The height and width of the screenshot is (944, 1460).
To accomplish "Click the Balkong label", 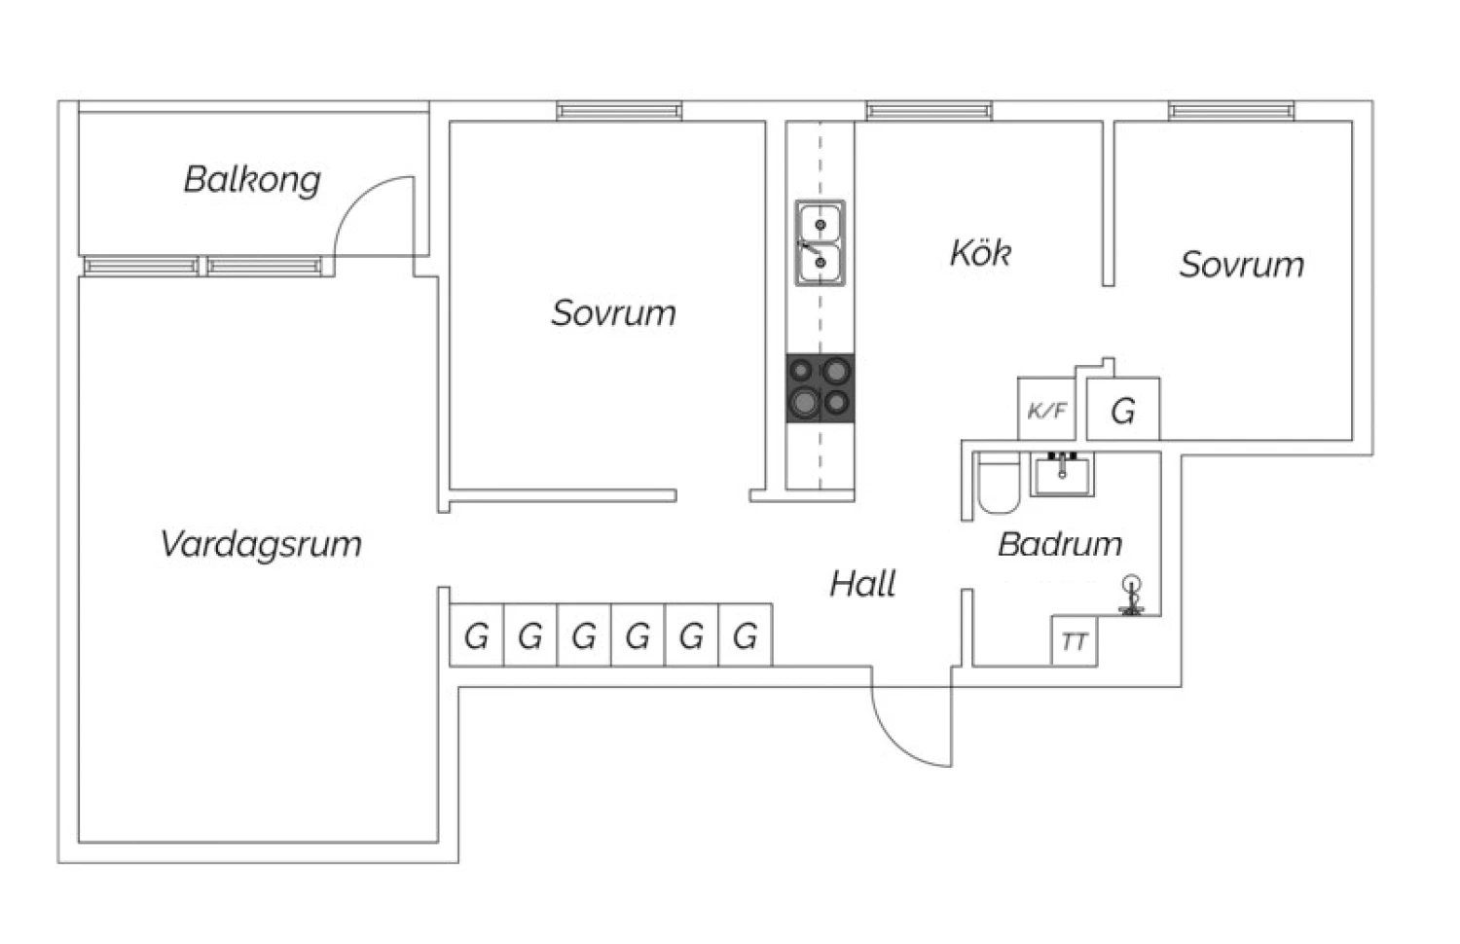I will click(x=252, y=179).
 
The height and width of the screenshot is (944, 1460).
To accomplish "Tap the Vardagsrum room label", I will click(x=261, y=543).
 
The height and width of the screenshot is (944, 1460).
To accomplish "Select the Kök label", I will click(x=980, y=253).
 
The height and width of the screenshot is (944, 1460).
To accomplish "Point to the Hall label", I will click(x=862, y=584).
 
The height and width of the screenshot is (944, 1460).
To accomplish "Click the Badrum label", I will click(x=1060, y=543).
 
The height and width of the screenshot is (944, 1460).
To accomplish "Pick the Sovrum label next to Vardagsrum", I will click(x=613, y=312).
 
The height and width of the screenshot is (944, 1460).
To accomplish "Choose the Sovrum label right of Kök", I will click(x=1241, y=265).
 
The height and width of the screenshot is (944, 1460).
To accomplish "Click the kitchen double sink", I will click(x=820, y=243).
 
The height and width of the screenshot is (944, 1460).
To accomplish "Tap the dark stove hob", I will click(x=821, y=387).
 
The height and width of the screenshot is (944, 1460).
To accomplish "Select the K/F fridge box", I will click(x=1046, y=410).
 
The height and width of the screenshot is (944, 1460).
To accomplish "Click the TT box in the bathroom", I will click(x=1075, y=641).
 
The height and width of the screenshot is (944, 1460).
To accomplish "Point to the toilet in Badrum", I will click(x=997, y=484).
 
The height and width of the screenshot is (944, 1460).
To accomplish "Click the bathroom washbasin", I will click(x=1062, y=474).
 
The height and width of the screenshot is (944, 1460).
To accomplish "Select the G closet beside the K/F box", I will click(x=1123, y=411).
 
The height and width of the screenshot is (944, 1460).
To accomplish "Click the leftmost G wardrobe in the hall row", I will click(x=476, y=635).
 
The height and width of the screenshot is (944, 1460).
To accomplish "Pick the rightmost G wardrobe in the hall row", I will click(x=746, y=635).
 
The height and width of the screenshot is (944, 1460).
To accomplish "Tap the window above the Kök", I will click(x=930, y=111).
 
